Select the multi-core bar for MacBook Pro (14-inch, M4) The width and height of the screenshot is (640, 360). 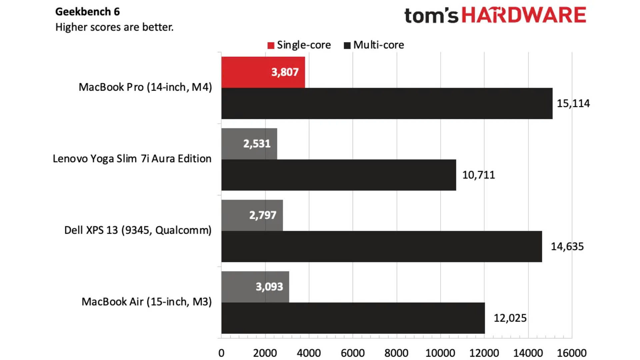(387, 103)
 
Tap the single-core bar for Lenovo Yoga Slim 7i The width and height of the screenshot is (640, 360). (233, 144)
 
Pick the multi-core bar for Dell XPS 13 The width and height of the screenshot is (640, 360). (381, 246)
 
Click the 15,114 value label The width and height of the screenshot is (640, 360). (573, 103)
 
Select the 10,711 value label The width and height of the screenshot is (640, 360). (478, 175)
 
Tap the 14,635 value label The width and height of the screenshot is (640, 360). (567, 246)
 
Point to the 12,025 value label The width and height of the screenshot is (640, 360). (510, 318)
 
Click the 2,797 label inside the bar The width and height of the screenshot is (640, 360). (263, 215)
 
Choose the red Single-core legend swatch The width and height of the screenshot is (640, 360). (271, 45)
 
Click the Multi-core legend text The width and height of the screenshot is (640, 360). (378, 45)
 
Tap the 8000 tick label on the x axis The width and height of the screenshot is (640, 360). (396, 353)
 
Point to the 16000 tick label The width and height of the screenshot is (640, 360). (572, 353)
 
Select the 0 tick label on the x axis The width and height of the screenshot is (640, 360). (221, 353)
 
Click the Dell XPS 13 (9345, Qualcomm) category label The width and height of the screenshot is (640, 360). (138, 230)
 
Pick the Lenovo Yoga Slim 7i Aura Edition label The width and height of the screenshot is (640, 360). (132, 159)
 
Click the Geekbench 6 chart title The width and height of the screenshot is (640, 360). (87, 12)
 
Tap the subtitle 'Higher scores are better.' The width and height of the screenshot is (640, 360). (114, 27)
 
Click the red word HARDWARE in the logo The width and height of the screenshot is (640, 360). (524, 15)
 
